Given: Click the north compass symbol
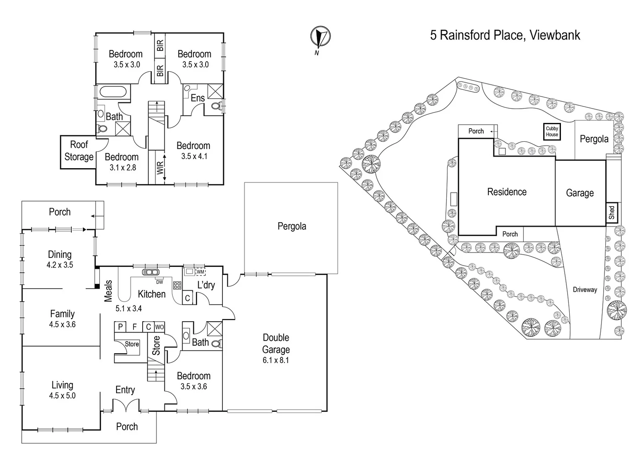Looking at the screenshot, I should [x=320, y=38].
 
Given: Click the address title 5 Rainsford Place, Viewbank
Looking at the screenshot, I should [x=505, y=35].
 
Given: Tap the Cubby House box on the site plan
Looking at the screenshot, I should [x=552, y=132].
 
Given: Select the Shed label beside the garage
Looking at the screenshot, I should [x=612, y=212].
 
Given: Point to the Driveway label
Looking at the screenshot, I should [x=584, y=289].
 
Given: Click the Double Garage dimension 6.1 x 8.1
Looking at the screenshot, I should [x=276, y=360].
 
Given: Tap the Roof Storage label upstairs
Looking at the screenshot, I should [x=79, y=151].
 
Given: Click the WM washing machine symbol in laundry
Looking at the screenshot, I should [x=200, y=272].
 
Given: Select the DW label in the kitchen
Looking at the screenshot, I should [x=159, y=282].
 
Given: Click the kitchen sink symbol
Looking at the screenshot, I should [x=150, y=272].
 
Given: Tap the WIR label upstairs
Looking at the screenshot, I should [x=160, y=168].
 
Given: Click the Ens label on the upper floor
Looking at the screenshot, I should [x=198, y=98].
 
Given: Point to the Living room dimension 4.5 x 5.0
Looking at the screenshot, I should [x=62, y=396].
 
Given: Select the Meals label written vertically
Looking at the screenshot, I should [x=108, y=291].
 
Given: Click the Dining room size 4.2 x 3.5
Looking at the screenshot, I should [x=60, y=265].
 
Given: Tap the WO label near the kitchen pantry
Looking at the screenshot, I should [x=159, y=327].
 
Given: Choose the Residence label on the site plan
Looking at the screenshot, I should [x=506, y=192].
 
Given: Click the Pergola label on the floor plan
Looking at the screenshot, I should [x=292, y=226].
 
